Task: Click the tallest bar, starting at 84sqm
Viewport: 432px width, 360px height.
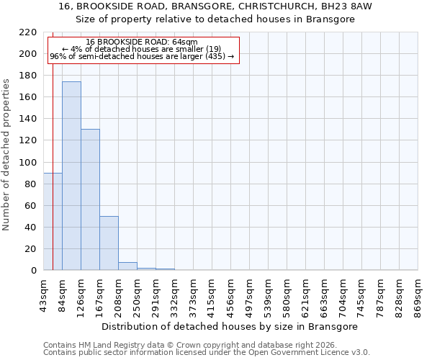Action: [x=71, y=176]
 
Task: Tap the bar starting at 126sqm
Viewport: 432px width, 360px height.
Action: [x=90, y=200]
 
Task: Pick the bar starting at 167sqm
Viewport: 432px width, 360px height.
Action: [x=109, y=243]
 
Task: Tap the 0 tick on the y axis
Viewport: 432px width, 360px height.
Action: [x=33, y=271]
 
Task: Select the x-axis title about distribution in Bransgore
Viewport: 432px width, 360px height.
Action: [x=230, y=326]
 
